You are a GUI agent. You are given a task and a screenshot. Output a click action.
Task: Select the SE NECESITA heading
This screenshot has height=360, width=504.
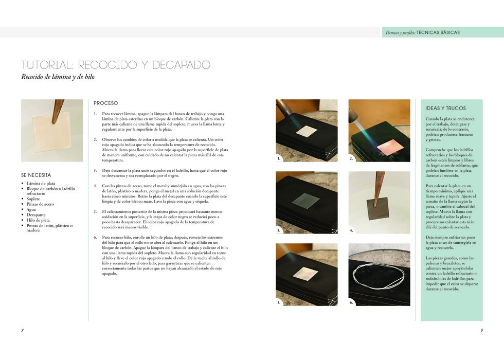pyautogui.click(x=36, y=175)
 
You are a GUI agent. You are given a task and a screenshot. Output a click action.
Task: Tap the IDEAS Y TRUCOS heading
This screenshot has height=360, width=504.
pyautogui.click(x=445, y=109)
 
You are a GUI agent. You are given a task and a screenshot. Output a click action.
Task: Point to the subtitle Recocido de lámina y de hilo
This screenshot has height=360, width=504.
pyautogui.click(x=58, y=77)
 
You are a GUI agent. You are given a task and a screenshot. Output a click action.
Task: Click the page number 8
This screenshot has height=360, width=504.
pyautogui.click(x=23, y=330)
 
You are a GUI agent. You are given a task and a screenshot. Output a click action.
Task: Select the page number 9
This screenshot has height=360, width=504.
pyautogui.click(x=481, y=330)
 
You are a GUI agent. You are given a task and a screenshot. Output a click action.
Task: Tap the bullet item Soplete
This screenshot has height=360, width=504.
pyautogui.click(x=33, y=199)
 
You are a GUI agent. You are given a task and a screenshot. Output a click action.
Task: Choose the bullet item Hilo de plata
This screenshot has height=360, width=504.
pyautogui.click(x=38, y=220)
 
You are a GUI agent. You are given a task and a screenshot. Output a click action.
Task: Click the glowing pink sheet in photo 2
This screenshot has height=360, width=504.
pyautogui.click(x=390, y=147)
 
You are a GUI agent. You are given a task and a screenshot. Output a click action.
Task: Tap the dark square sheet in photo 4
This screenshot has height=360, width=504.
pyautogui.click(x=378, y=208)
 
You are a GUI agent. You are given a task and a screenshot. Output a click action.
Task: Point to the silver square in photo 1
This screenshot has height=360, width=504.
pyautogui.click(x=307, y=131)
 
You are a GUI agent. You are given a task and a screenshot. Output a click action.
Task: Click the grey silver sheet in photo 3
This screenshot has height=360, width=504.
pyautogui.click(x=305, y=201)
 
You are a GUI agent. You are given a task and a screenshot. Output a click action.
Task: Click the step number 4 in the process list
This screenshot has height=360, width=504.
pyautogui.click(x=96, y=186)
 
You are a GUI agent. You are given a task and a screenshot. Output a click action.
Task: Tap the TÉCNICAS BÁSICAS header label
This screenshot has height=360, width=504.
pyautogui.click(x=438, y=32)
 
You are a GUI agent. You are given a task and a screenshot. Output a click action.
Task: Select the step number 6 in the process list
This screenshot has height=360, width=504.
pyautogui.click(x=96, y=238)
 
